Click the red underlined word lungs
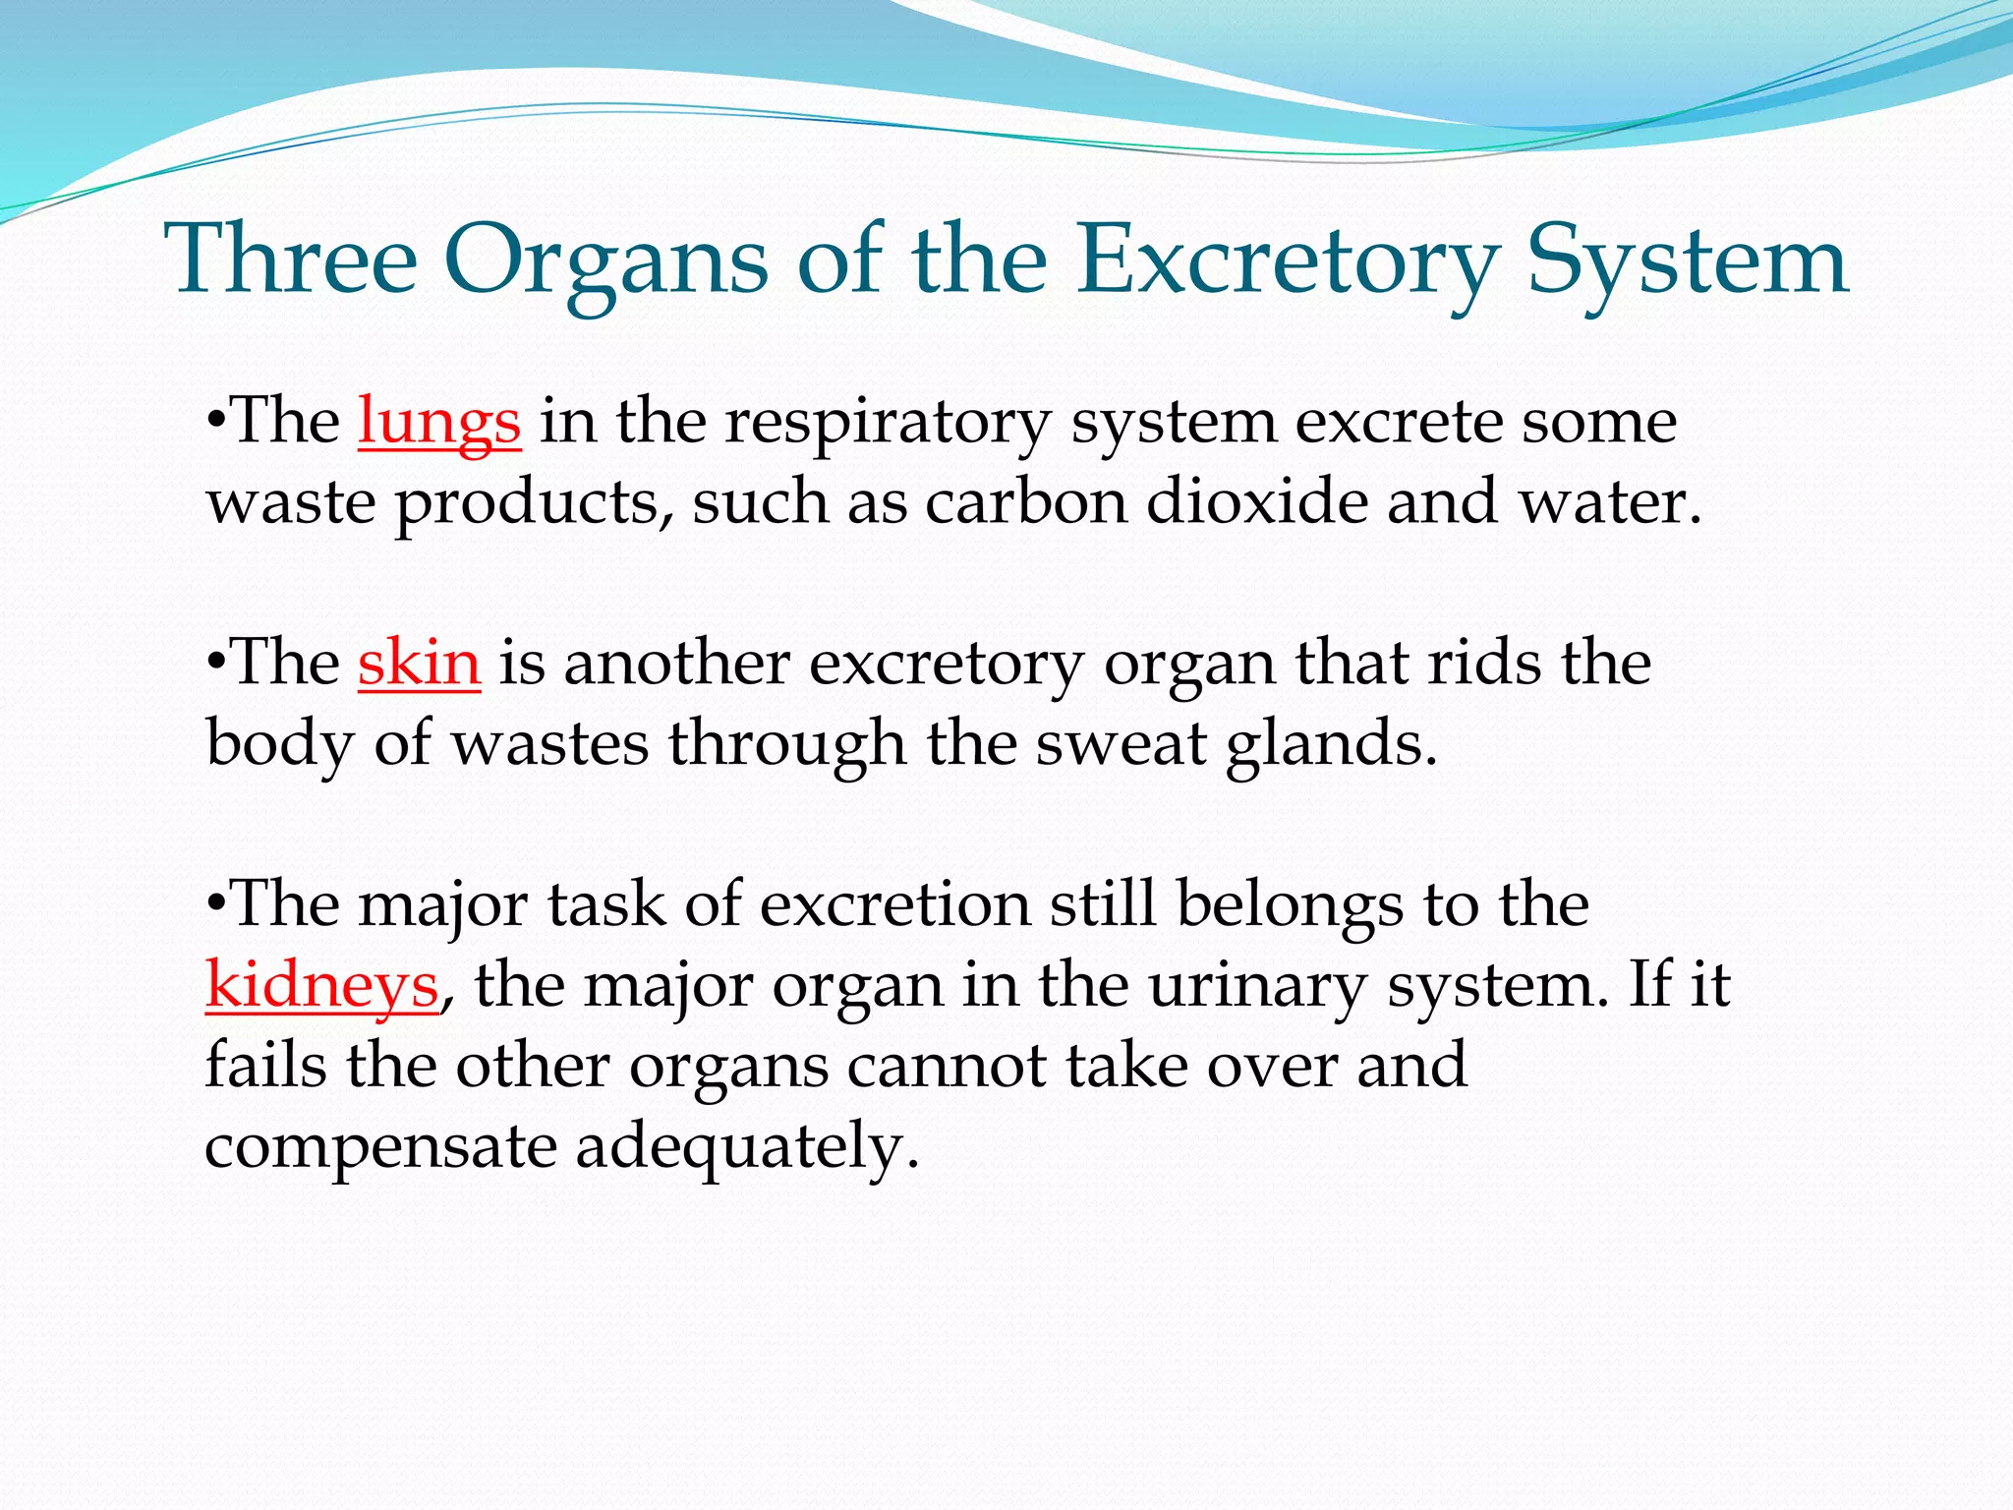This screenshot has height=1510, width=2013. click(438, 423)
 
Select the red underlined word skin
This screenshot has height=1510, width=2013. click(419, 664)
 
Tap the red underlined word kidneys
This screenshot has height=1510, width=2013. click(321, 986)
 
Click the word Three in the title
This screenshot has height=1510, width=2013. click(292, 261)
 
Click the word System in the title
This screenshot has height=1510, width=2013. click(1688, 261)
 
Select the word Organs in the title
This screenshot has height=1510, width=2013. click(605, 261)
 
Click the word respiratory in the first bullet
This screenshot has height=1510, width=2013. click(888, 423)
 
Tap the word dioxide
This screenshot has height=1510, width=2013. click(1256, 502)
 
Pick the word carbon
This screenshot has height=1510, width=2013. click(1025, 502)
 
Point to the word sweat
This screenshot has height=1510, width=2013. click(1121, 744)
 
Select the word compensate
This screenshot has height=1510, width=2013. click(380, 1147)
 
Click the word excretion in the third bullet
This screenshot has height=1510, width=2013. click(894, 905)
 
